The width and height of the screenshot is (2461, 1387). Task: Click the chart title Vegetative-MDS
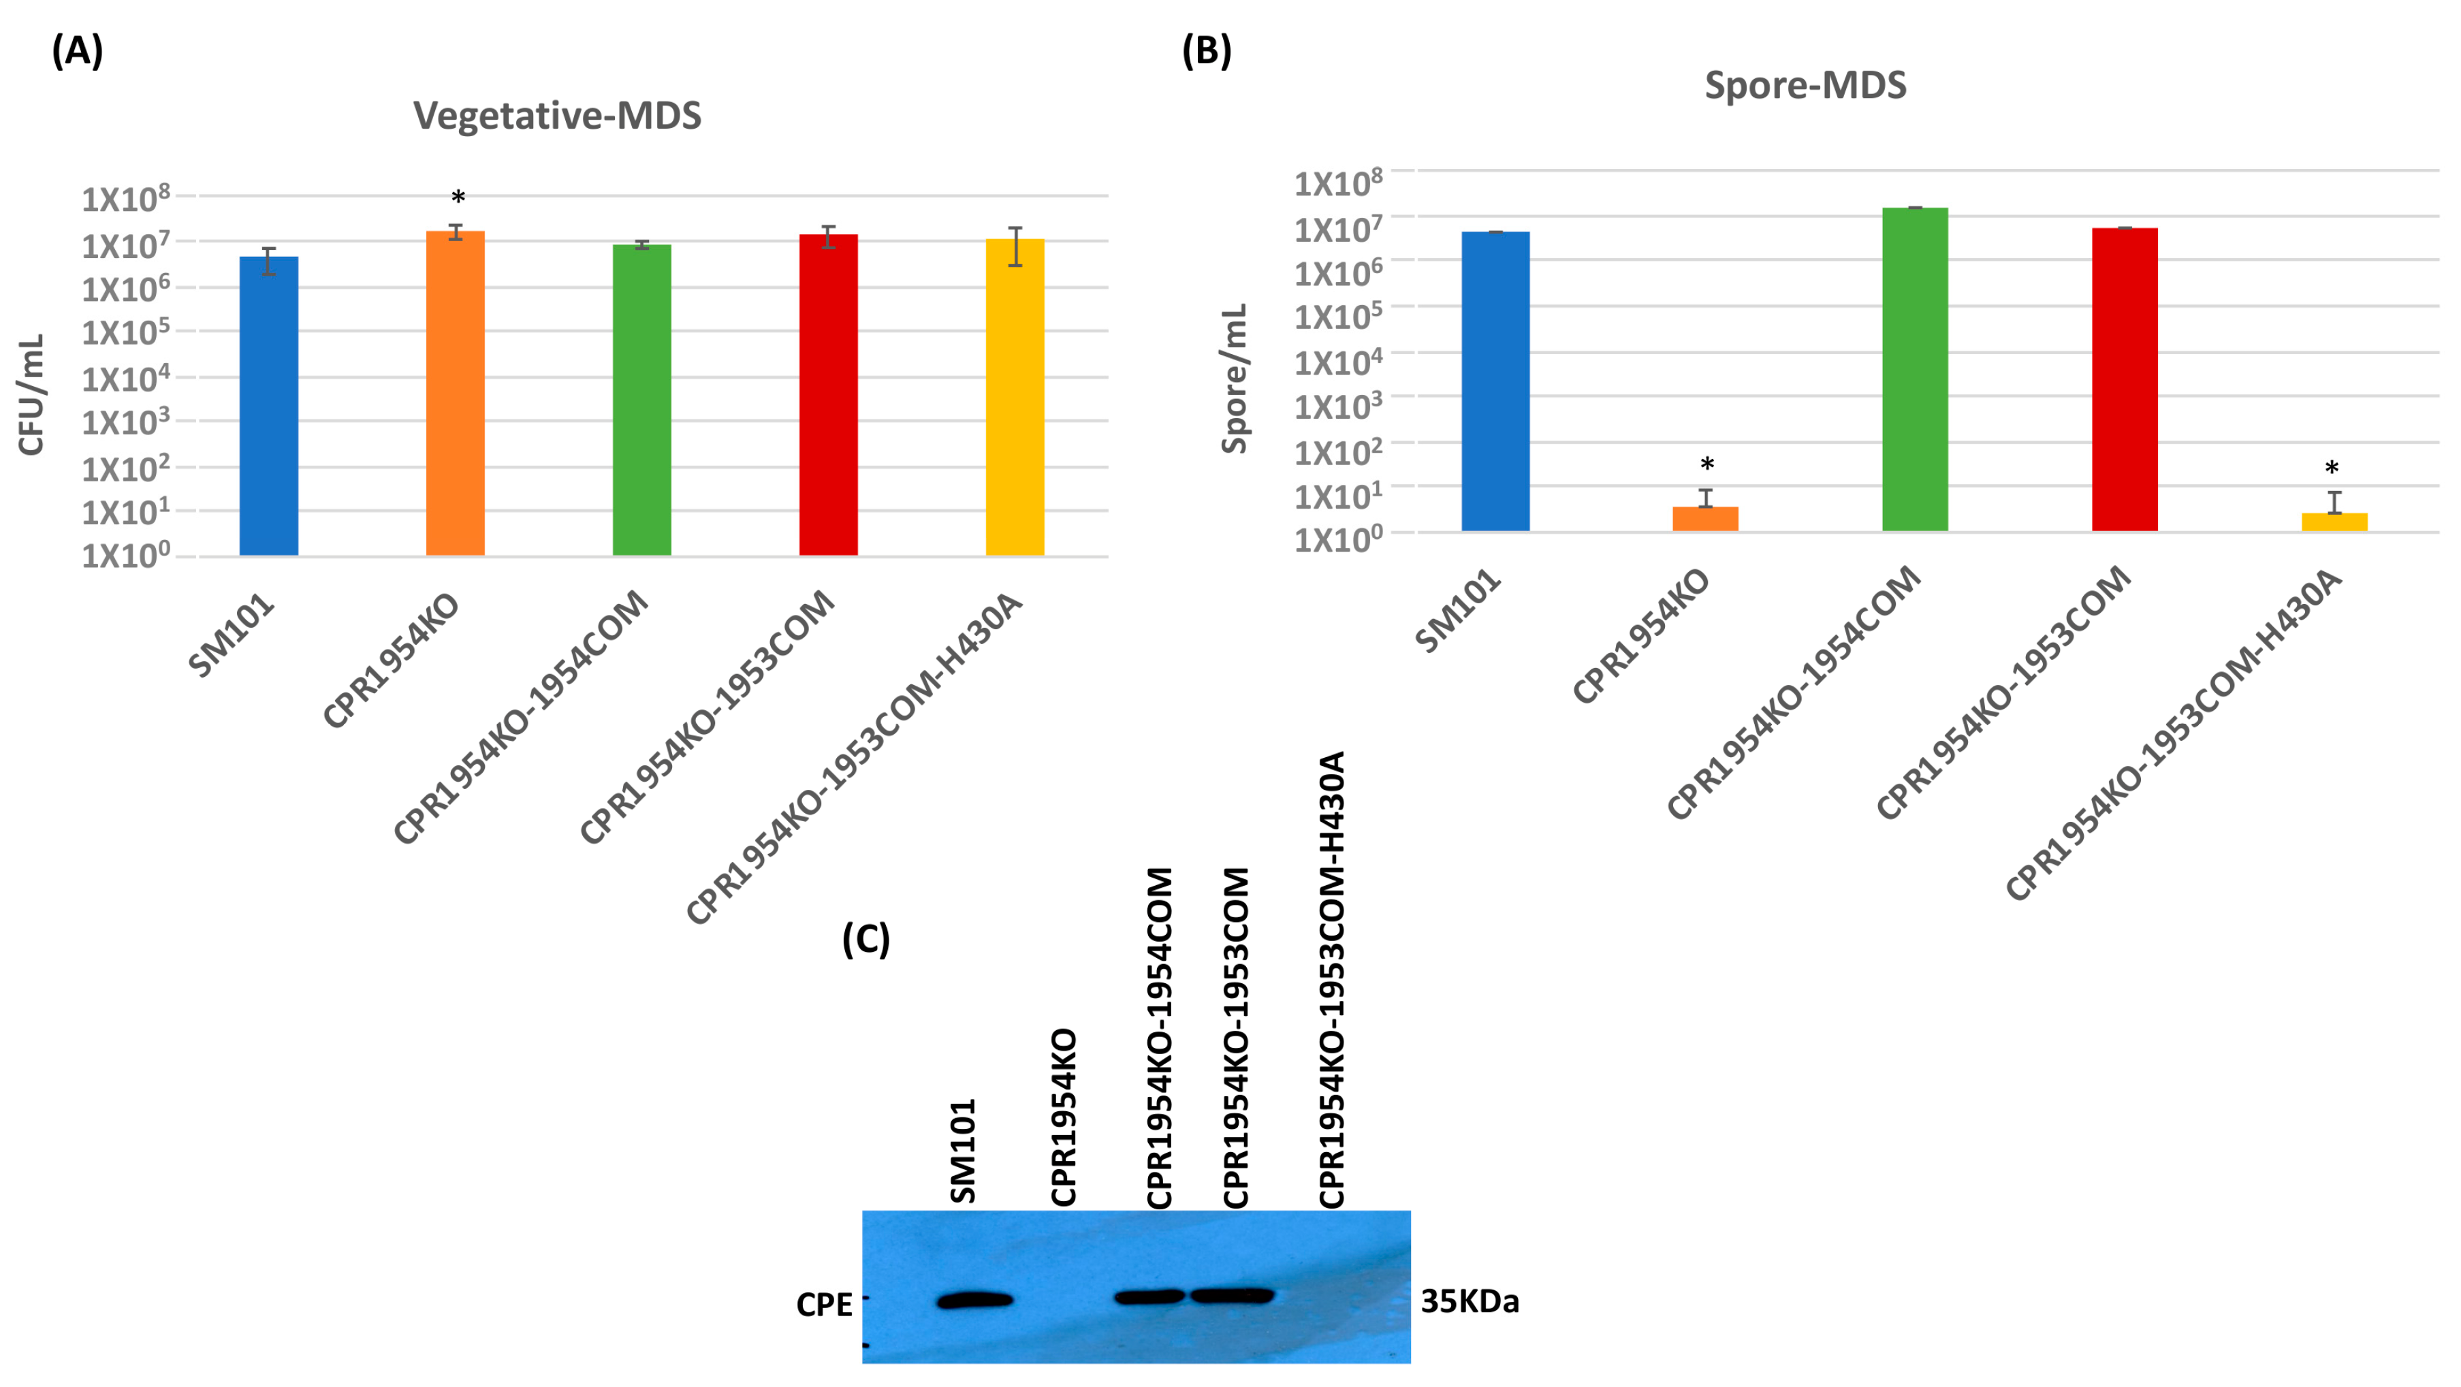pos(557,116)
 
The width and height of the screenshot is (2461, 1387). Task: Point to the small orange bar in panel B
pos(1704,519)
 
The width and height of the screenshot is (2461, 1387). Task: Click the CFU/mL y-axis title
pos(31,394)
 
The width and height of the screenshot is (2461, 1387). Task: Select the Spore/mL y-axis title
pos(1235,379)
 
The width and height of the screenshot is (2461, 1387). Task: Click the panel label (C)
pos(866,939)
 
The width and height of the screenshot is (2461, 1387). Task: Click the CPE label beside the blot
pos(823,1305)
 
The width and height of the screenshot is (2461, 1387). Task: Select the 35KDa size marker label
pos(1470,1302)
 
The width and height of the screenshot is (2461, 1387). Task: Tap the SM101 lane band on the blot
pos(974,1299)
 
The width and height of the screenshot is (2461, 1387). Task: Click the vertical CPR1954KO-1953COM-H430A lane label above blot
pos(1332,979)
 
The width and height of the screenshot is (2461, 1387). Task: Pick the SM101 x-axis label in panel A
pos(232,635)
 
